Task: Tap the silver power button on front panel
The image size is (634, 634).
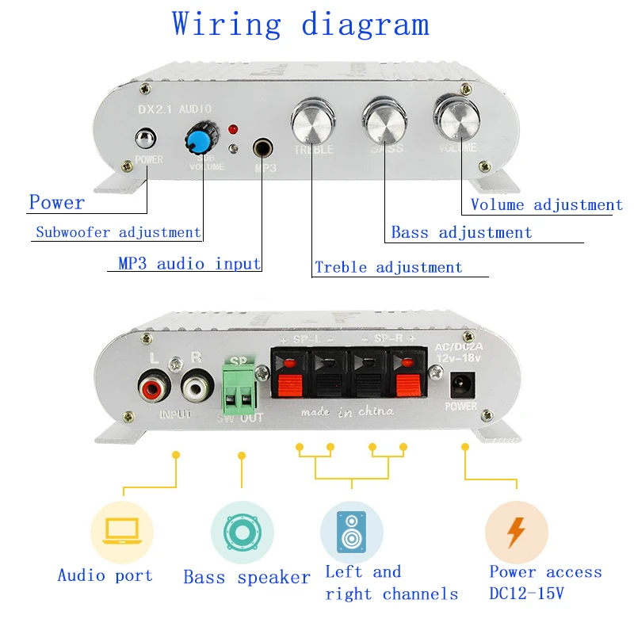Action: pos(145,140)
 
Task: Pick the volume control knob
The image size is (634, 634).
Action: pos(456,119)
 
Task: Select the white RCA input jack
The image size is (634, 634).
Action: pos(197,388)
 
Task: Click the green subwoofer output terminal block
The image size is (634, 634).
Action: pos(240,386)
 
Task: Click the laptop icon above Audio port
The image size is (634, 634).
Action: pos(121,531)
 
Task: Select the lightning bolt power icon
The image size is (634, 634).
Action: pos(516,532)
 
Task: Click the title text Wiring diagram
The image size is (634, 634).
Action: pos(301,25)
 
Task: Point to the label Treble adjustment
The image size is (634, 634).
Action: pos(388,267)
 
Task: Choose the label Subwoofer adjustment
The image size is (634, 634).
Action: pos(118,232)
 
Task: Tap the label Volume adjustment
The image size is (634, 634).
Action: pos(546,205)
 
